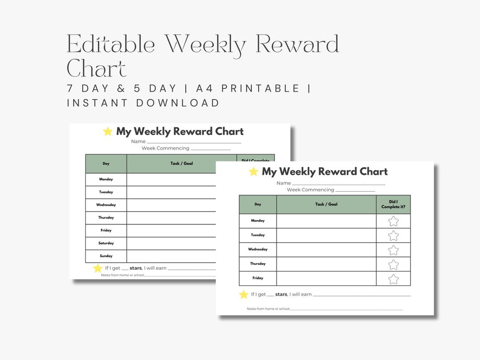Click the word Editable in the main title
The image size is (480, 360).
[111, 45]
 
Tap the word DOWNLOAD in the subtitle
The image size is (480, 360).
[178, 103]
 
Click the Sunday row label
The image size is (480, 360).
[106, 256]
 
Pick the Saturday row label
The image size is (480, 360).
[106, 243]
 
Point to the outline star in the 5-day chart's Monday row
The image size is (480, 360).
[393, 221]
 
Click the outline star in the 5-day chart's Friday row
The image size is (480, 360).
[393, 279]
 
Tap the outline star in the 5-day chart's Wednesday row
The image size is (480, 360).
[393, 250]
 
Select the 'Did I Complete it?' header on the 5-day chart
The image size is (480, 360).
[393, 204]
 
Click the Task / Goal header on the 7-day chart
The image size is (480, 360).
[181, 164]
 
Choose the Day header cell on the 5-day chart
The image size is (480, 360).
[258, 204]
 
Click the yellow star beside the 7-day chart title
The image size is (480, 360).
[108, 132]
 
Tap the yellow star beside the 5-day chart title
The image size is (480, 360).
[253, 172]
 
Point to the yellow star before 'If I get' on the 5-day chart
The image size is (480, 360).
[244, 294]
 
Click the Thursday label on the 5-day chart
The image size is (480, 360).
[258, 264]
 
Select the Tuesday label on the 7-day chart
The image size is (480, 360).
[106, 192]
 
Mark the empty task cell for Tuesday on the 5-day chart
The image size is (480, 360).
[326, 235]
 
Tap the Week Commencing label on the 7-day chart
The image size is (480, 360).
[165, 148]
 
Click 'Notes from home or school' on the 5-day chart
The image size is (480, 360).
[268, 309]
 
